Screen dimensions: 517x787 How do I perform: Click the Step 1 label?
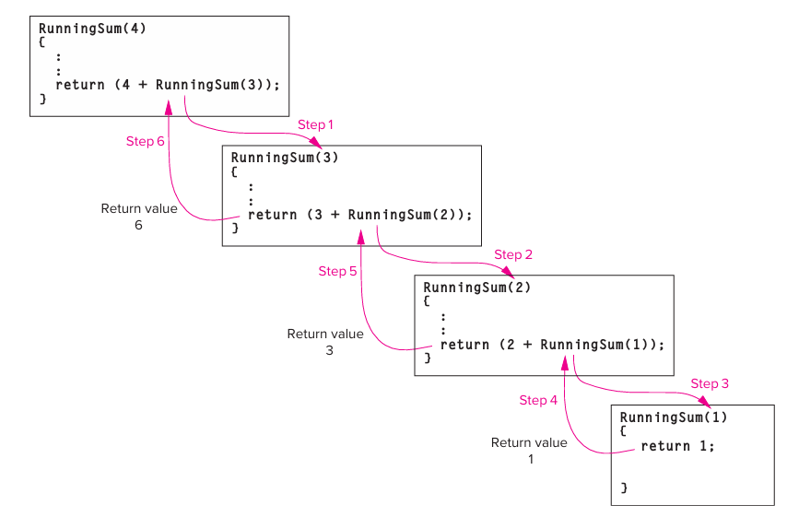[316, 124]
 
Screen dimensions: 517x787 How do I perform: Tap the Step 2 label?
[513, 254]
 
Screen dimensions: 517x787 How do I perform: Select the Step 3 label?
[710, 383]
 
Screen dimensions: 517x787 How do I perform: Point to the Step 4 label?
[538, 400]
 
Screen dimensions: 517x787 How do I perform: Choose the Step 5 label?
[337, 271]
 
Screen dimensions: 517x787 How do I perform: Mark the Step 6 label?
[145, 141]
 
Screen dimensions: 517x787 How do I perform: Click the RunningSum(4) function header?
[92, 29]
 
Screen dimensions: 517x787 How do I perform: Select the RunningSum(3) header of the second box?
[285, 158]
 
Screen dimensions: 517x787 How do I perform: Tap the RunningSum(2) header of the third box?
[476, 288]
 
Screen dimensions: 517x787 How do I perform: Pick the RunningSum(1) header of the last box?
[673, 417]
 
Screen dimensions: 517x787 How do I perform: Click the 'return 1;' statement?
[677, 446]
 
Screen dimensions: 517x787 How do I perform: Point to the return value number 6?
[138, 226]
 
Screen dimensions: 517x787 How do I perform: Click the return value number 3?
[329, 351]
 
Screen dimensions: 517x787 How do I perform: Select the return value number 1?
[530, 459]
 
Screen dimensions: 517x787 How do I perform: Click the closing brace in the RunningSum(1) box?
[624, 486]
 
